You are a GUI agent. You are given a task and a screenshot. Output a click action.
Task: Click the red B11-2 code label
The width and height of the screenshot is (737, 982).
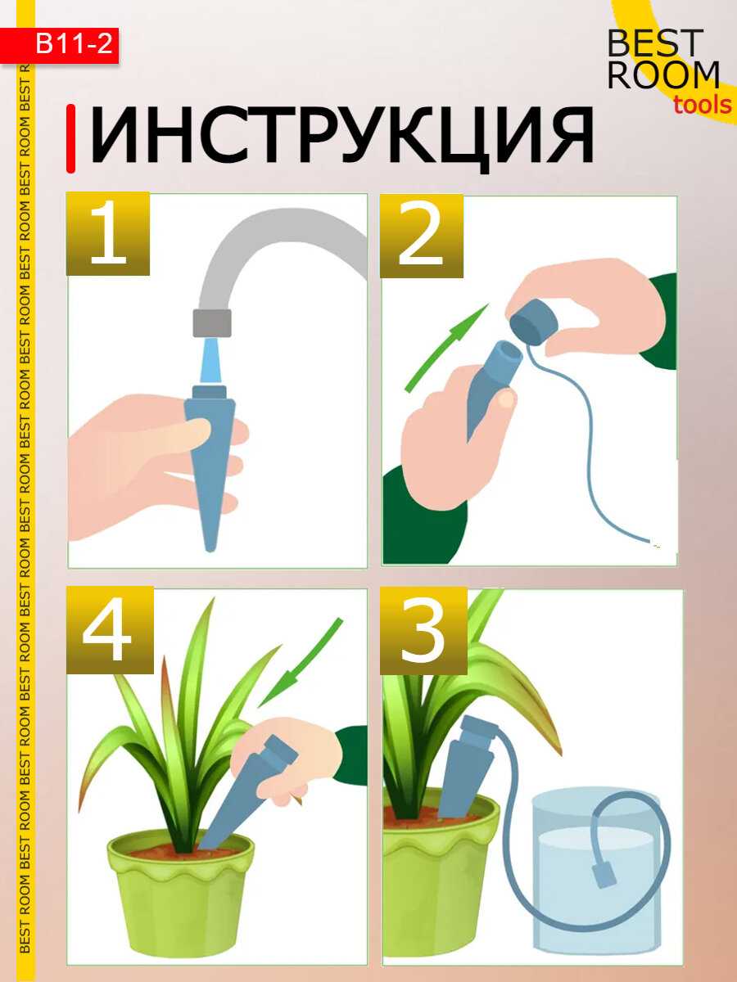pos(59,45)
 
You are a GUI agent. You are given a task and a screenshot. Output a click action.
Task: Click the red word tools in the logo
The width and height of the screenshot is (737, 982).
pos(703,106)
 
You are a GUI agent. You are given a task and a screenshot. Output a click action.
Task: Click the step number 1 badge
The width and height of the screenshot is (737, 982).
pos(108,233)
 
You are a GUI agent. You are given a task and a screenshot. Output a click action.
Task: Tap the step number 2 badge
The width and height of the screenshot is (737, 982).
pos(422,236)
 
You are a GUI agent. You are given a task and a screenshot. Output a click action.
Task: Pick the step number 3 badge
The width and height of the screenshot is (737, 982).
pos(423,631)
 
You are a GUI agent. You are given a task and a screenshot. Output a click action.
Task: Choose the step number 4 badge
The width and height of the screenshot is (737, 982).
pos(110,630)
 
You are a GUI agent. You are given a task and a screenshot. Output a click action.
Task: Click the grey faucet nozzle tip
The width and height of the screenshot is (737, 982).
pos(212,322)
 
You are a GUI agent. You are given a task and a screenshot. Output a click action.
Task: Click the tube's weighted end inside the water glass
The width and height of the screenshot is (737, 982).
pos(604,875)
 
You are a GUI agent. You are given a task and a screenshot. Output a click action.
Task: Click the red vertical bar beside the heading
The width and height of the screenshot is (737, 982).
pos(70,138)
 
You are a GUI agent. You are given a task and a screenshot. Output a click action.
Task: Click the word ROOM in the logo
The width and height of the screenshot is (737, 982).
pos(663,74)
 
